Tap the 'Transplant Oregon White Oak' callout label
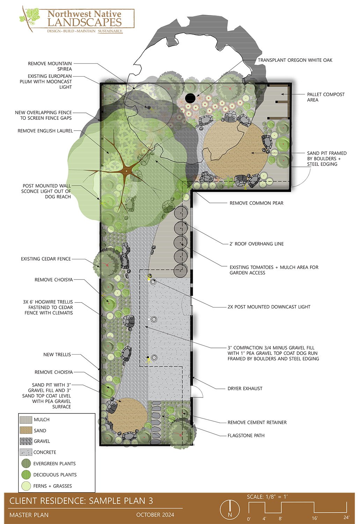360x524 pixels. pyautogui.click(x=295, y=60)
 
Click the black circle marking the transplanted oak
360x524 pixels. pyautogui.click(x=190, y=98)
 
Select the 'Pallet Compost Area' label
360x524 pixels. pyautogui.click(x=325, y=97)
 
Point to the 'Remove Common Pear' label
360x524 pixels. pyautogui.click(x=256, y=203)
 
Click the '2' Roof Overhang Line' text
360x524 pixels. pyautogui.click(x=256, y=244)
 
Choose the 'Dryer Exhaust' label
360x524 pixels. pyautogui.click(x=245, y=388)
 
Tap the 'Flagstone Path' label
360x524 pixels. pyautogui.click(x=246, y=436)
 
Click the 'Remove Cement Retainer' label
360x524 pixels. pyautogui.click(x=257, y=422)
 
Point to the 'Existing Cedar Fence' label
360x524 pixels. pyautogui.click(x=46, y=259)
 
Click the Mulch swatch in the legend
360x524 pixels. pyautogui.click(x=26, y=420)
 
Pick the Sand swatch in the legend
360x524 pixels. pyautogui.click(x=26, y=430)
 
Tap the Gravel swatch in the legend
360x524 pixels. pyautogui.click(x=26, y=441)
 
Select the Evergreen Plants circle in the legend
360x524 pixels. pyautogui.click(x=26, y=464)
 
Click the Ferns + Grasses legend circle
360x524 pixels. pyautogui.click(x=26, y=486)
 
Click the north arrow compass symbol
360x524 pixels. pyautogui.click(x=229, y=509)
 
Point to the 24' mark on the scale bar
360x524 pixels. pyautogui.click(x=346, y=517)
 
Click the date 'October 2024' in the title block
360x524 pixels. pyautogui.click(x=155, y=515)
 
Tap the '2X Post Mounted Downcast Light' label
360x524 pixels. pyautogui.click(x=269, y=307)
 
